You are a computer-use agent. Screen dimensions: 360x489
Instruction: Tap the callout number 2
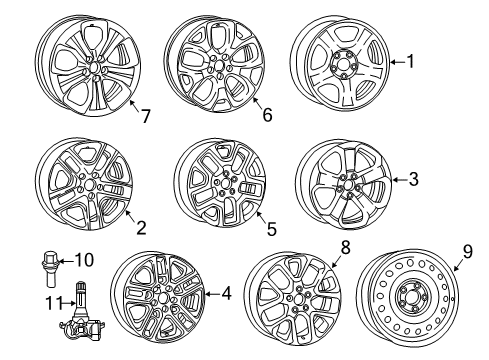[141, 228]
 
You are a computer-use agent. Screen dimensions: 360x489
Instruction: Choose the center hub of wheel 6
[216, 63]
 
